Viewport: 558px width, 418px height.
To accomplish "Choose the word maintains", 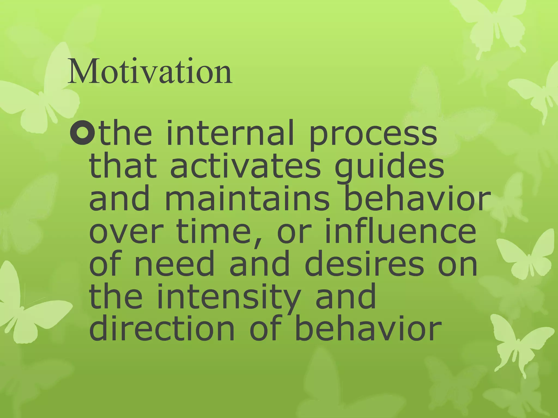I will coord(247,198).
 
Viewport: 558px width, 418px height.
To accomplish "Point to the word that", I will coord(123,166).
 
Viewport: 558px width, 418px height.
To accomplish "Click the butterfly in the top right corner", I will coord(490,24).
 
